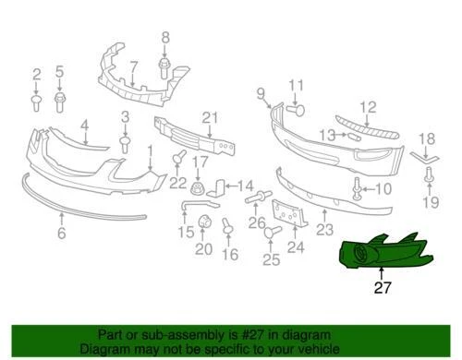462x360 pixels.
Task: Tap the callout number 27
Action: (x=383, y=287)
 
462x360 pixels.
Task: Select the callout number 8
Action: (x=165, y=38)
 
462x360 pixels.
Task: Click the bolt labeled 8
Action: (x=165, y=66)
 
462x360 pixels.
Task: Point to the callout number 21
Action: (x=209, y=116)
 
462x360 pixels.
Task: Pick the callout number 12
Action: (x=368, y=107)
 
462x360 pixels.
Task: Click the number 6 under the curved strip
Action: (x=61, y=234)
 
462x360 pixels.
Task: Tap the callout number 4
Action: (x=84, y=125)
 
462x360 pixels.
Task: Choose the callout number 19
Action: (x=427, y=202)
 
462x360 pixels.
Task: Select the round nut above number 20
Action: (x=202, y=222)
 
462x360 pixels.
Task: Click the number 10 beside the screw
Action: (x=384, y=189)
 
